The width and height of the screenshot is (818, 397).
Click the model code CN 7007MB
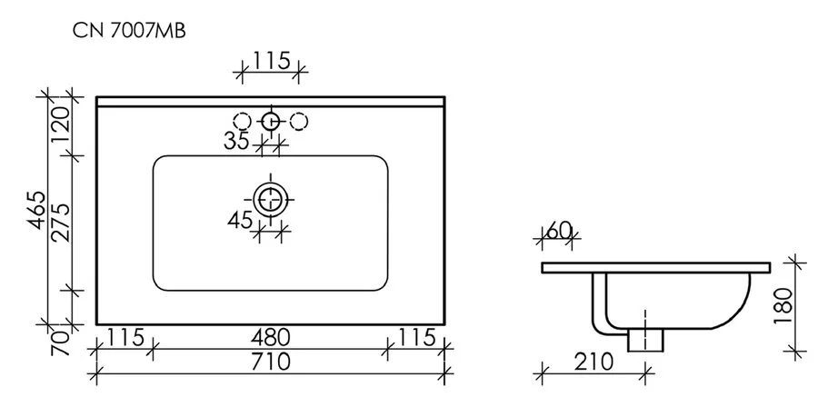pos(130,30)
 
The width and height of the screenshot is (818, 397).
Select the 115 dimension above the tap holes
pos(270,61)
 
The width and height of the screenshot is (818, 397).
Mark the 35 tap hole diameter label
pos(236,141)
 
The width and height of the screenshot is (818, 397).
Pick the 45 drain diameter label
pos(237,221)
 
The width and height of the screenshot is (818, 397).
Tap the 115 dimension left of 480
pos(125,337)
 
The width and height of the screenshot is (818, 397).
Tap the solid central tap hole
pos(270,121)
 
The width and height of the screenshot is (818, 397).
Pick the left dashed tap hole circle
pos(242,121)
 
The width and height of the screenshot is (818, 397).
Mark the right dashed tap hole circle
pos(298,121)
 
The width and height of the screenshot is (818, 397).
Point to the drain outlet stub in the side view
pos(645,338)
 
